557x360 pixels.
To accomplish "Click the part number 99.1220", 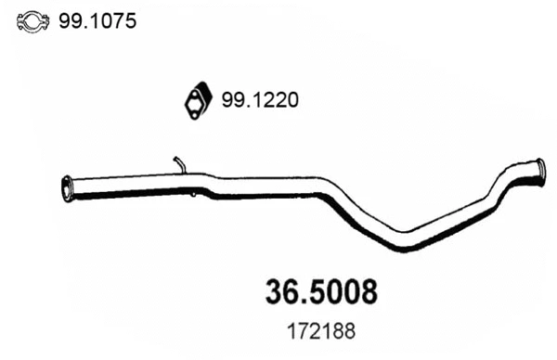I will tap(261, 101).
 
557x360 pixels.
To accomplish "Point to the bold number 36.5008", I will tap(317, 292).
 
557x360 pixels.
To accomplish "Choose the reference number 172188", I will tap(317, 329).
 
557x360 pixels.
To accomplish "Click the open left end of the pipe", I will tap(66, 186).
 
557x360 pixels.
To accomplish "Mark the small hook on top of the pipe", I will tap(179, 164).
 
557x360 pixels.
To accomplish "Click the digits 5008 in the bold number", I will tap(341, 292).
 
